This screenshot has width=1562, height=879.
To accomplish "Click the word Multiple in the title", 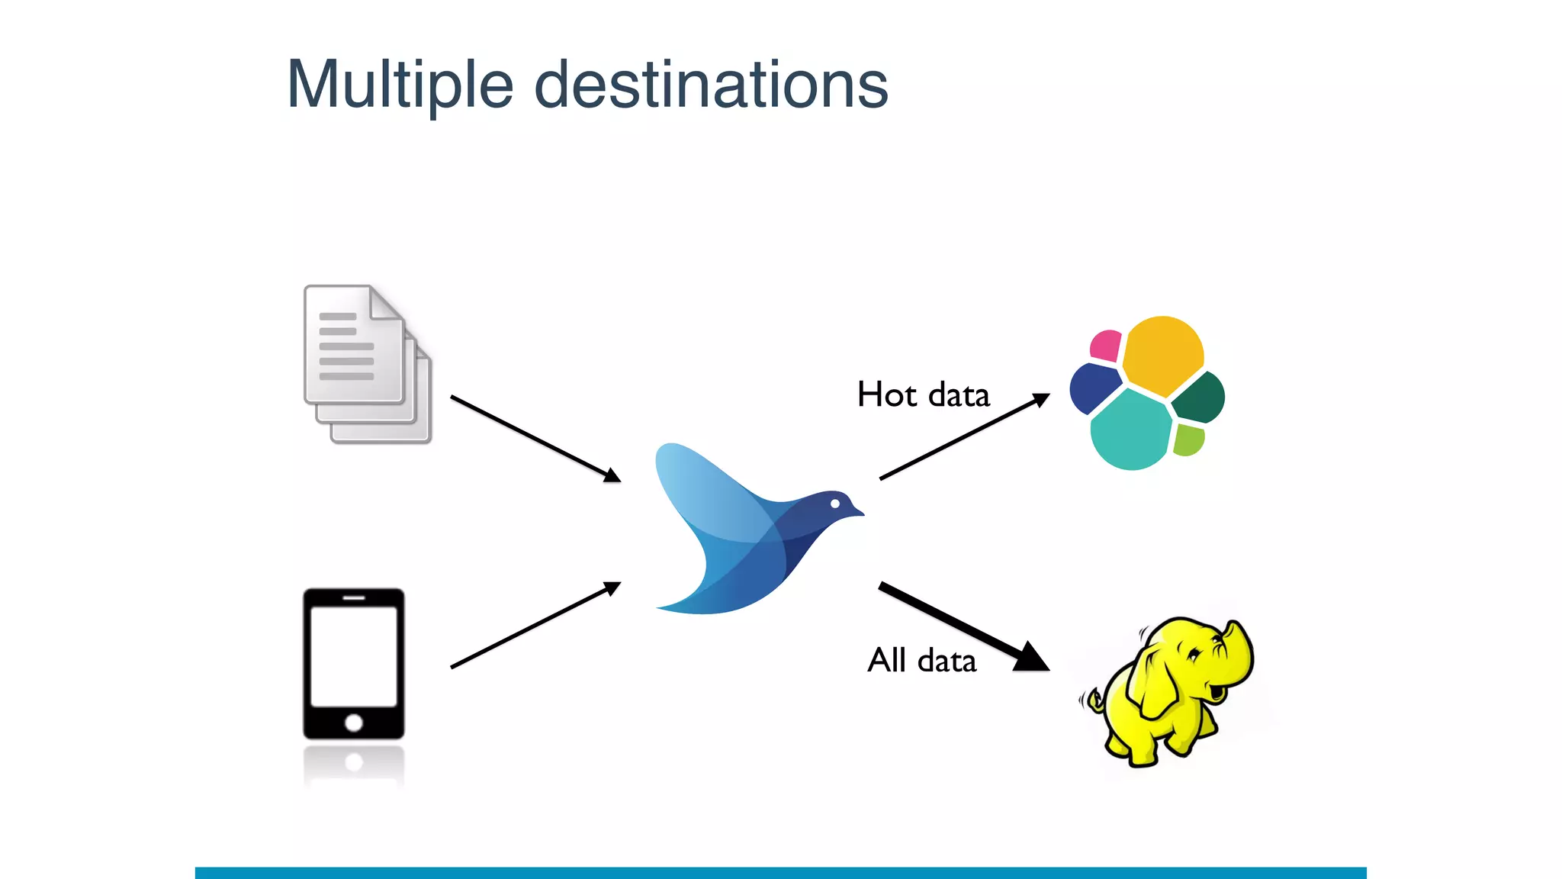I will tap(400, 85).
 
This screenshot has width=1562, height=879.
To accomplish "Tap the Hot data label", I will tap(923, 395).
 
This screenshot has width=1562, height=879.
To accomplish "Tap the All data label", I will tap(921, 661).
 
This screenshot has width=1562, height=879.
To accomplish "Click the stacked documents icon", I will tap(366, 365).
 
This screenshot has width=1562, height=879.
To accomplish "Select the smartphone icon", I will tap(354, 664).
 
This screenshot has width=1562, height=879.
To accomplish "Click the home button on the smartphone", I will tap(354, 723).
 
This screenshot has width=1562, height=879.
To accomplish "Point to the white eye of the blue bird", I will tap(835, 504).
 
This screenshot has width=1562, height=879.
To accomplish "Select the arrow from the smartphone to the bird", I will tap(534, 626).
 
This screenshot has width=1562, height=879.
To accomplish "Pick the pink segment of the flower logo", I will tap(1106, 346).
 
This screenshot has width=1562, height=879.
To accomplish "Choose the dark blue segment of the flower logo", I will tap(1092, 388).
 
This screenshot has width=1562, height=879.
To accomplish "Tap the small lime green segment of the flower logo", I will tap(1188, 440).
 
